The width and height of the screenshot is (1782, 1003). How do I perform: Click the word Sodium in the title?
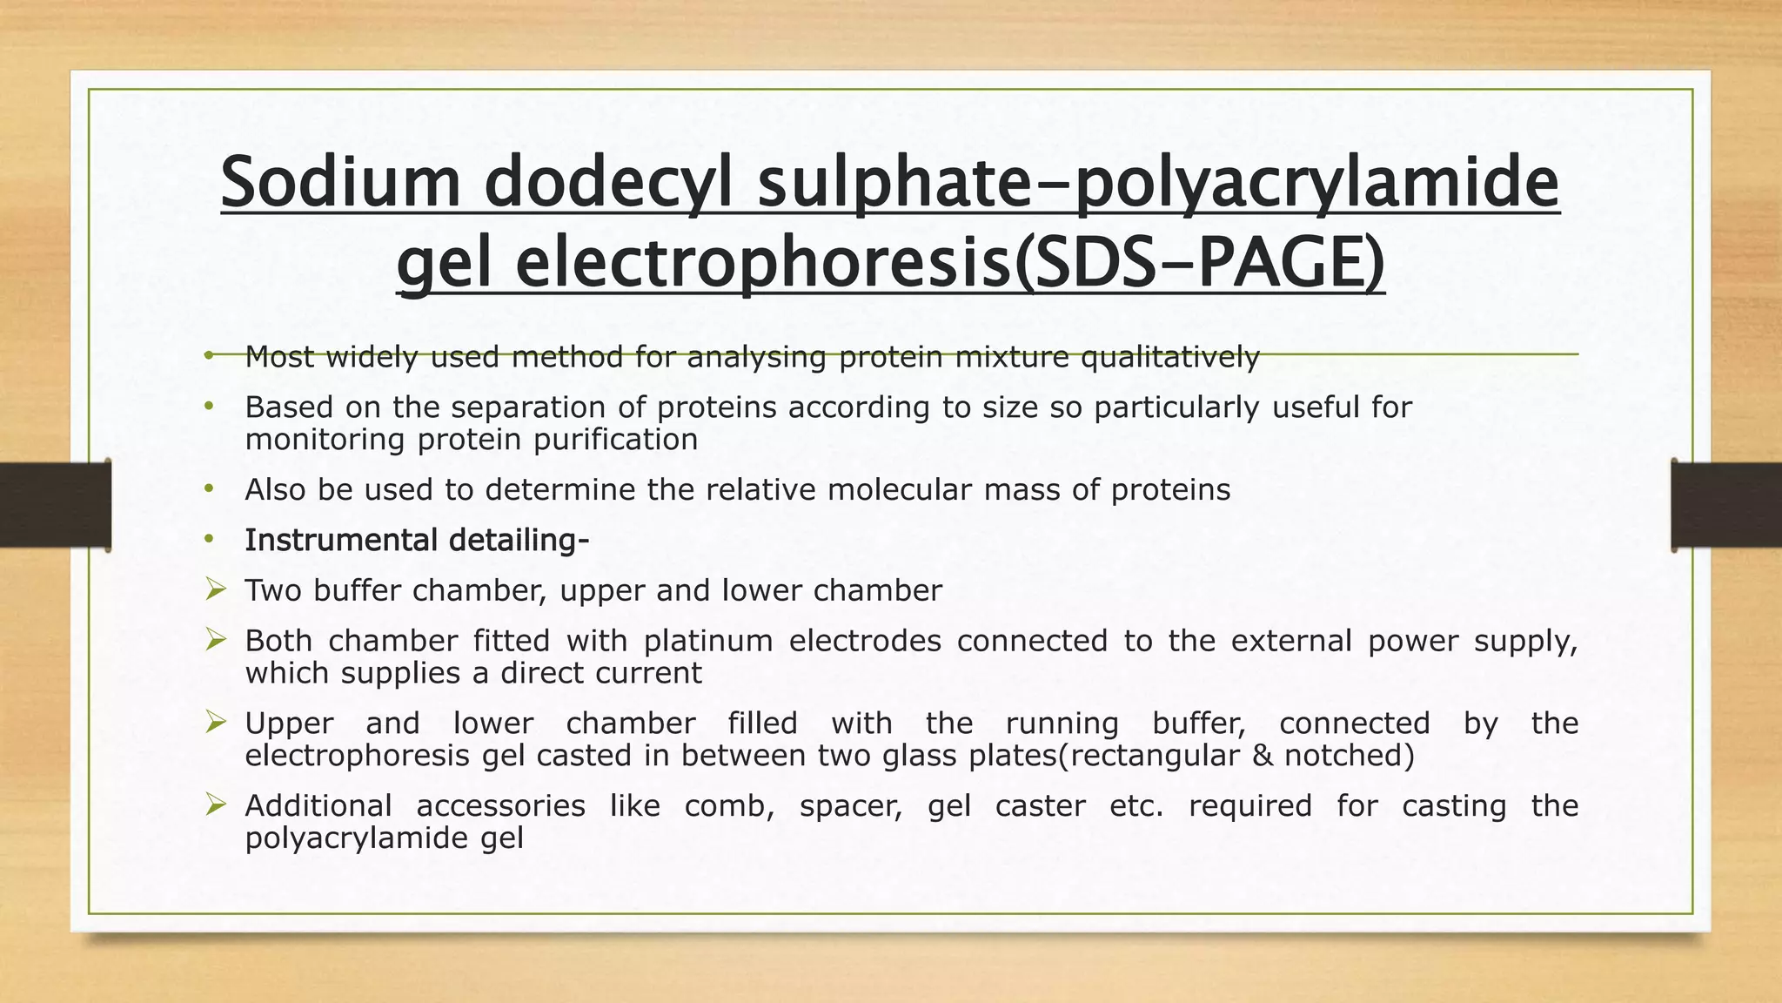[x=339, y=183]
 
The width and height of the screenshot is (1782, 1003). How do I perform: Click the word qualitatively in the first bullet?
[x=1169, y=357]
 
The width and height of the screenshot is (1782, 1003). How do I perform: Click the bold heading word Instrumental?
[x=340, y=541]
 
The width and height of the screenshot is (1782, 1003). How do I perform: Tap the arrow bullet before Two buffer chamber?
[x=216, y=591]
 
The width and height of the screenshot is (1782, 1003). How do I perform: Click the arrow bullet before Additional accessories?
[x=216, y=806]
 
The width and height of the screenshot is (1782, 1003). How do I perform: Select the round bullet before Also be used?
[x=209, y=490]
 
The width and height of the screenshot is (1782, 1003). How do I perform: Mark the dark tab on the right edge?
[x=1726, y=506]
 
